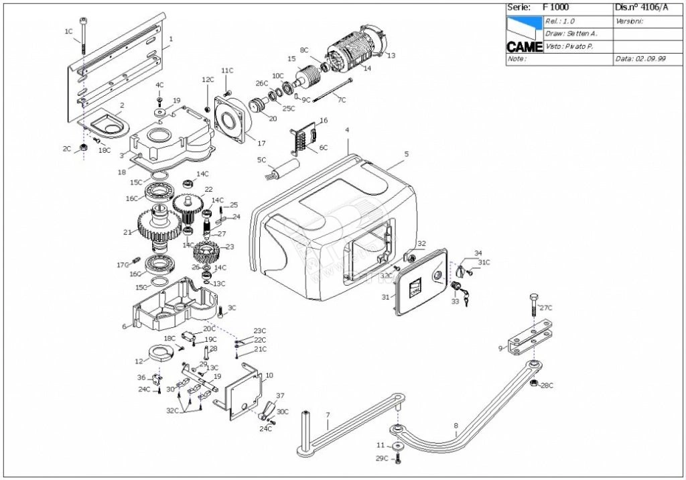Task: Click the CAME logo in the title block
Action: (524, 46)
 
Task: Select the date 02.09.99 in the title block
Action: (649, 59)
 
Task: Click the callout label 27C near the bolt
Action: (546, 308)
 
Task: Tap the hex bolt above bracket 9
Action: (533, 305)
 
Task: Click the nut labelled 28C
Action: (534, 383)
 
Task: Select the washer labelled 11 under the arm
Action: (399, 446)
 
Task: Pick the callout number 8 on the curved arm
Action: (456, 425)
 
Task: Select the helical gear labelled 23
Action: (206, 253)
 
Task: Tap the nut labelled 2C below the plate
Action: (83, 147)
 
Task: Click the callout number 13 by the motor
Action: (391, 55)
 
